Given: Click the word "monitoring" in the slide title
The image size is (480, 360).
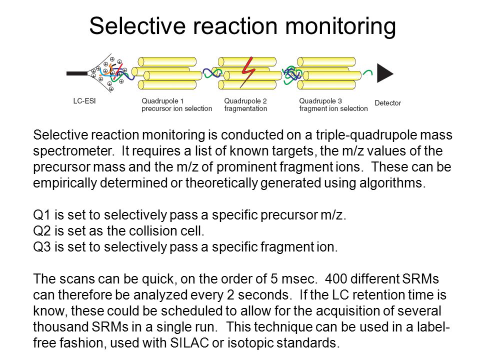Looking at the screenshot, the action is [340, 27].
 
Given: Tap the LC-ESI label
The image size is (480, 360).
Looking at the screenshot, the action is [84, 101].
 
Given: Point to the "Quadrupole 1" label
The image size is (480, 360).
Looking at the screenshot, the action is [162, 101].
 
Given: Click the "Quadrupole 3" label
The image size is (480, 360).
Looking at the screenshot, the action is [320, 101].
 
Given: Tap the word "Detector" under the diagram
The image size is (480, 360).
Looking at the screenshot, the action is [388, 103].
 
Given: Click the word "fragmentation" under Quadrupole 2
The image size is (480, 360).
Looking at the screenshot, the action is [245, 108].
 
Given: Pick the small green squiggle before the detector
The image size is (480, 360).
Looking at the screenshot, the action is [367, 73].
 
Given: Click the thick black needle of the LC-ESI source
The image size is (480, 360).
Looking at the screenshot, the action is [77, 73].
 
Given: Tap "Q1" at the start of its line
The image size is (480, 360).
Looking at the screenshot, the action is [41, 215].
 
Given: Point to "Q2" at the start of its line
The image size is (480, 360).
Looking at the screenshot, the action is [42, 231].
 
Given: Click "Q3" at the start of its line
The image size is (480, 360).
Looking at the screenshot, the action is [42, 246].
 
